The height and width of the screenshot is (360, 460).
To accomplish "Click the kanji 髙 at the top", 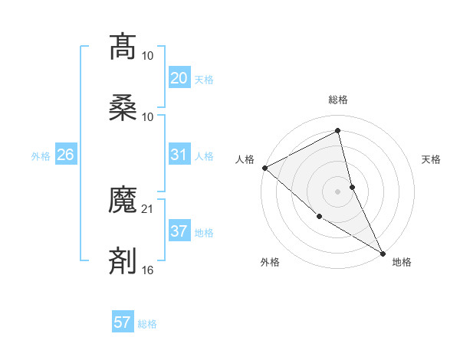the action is [x=123, y=47].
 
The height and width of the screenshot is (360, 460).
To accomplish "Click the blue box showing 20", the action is [x=179, y=78].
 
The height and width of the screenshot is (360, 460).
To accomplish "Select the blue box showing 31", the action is [x=179, y=155].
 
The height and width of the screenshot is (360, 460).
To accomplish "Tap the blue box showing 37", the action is [x=179, y=231].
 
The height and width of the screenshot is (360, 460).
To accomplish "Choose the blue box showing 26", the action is [x=65, y=155].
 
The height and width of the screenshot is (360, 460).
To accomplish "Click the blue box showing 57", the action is [x=123, y=322].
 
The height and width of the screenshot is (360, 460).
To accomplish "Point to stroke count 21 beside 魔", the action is [x=148, y=208].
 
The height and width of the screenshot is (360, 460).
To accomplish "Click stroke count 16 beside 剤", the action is [x=148, y=270].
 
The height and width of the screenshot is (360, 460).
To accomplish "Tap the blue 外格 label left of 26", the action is [x=41, y=155].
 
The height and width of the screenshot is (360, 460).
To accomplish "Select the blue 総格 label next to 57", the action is [x=147, y=324].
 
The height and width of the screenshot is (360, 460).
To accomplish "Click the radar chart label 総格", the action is [x=338, y=100].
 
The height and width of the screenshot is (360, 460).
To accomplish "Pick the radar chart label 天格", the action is [x=432, y=159].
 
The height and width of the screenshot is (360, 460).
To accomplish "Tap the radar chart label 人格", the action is [x=245, y=159].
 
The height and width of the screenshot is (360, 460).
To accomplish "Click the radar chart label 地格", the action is [x=402, y=262].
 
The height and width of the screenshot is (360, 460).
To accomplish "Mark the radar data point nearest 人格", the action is [x=264, y=168].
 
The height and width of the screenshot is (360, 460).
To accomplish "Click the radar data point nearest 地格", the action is [x=383, y=253].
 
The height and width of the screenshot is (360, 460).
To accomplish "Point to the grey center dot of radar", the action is [x=338, y=191].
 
